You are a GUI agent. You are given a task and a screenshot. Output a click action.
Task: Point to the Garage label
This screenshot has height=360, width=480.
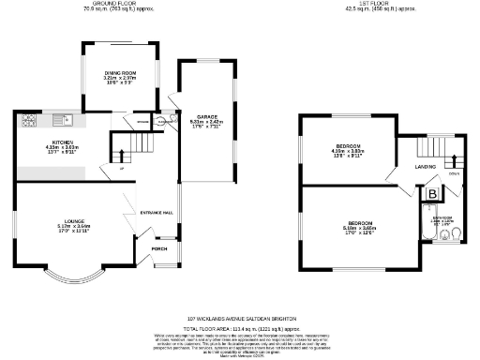(206, 118)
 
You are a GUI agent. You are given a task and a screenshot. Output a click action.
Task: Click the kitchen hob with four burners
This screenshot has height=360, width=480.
(27, 119)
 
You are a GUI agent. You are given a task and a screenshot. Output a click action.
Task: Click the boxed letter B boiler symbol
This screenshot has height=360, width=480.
(433, 194)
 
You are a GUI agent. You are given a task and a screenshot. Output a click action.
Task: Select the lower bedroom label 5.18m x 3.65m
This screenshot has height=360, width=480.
(358, 225)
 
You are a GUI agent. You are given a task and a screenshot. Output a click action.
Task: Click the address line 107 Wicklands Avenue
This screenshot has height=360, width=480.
(242, 318)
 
